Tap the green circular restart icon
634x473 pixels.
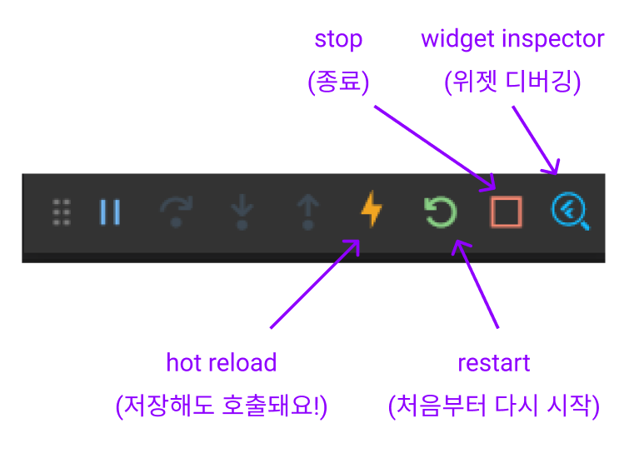pyautogui.click(x=440, y=212)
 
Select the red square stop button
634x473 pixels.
pyautogui.click(x=506, y=212)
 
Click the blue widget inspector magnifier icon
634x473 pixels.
pyautogui.click(x=570, y=212)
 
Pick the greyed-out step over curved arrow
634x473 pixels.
pyautogui.click(x=176, y=212)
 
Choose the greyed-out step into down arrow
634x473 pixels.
pyautogui.click(x=242, y=212)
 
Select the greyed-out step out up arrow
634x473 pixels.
pyautogui.click(x=307, y=212)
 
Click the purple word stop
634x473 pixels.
pyautogui.click(x=338, y=39)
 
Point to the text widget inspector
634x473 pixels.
pyautogui.click(x=512, y=39)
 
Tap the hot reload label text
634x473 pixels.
pyautogui.click(x=221, y=363)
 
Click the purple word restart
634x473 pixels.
pyautogui.click(x=494, y=363)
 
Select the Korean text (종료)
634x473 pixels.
pyautogui.click(x=338, y=82)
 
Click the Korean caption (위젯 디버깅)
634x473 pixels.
pyautogui.click(x=512, y=82)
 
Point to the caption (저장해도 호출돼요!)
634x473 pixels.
pyautogui.click(x=222, y=406)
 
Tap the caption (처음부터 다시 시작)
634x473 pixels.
pyautogui.click(x=494, y=406)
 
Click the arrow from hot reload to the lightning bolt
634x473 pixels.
pyautogui.click(x=314, y=284)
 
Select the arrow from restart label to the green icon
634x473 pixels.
pyautogui.click(x=477, y=283)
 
